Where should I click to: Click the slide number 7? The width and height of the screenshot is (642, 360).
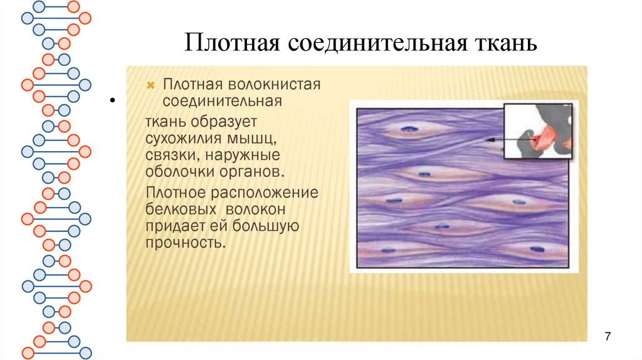(x=607, y=337)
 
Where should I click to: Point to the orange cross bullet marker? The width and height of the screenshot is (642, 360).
(x=150, y=85)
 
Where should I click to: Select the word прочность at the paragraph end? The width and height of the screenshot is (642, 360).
(x=184, y=242)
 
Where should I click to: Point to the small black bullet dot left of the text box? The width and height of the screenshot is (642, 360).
(x=113, y=100)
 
